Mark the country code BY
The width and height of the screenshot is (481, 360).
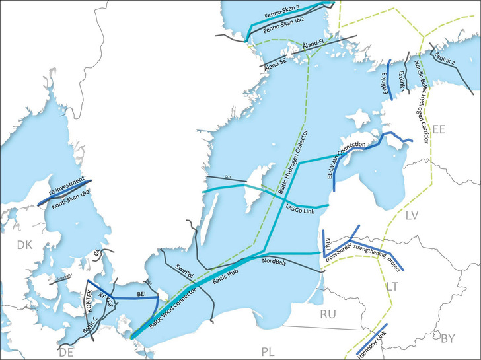(x=448, y=339)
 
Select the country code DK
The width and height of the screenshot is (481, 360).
(x=24, y=246)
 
